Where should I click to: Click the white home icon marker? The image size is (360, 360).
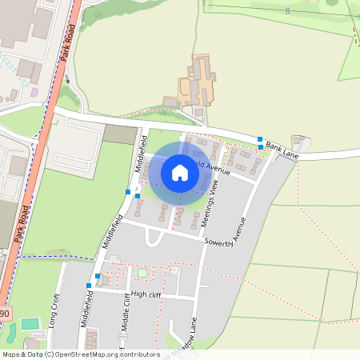[x=180, y=173]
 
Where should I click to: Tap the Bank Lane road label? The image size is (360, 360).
[x=282, y=150]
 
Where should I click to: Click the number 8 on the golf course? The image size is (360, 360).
[x=287, y=10]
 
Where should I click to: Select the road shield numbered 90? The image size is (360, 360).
[x=4, y=314]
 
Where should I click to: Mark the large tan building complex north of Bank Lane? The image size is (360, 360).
[x=198, y=82]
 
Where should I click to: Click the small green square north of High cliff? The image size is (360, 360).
[x=142, y=274]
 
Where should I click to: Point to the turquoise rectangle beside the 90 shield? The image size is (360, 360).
[x=30, y=324]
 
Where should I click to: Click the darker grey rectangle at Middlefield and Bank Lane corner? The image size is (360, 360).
[x=121, y=134]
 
